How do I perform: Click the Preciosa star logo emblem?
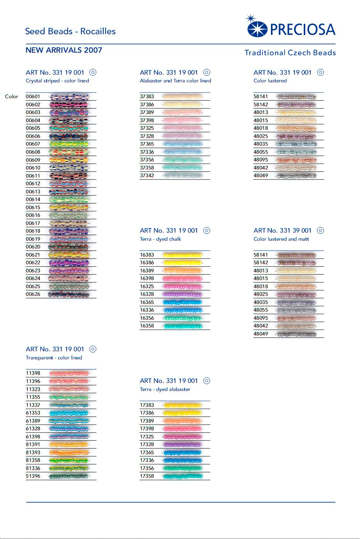(256, 28)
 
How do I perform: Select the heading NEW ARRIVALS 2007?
(64, 50)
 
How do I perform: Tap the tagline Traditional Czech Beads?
(290, 53)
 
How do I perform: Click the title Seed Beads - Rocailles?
(70, 31)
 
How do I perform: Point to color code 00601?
(33, 97)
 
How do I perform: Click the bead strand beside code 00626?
(69, 294)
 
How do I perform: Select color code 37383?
(147, 97)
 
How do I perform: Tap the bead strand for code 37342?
(182, 176)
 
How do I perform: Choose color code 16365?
(147, 302)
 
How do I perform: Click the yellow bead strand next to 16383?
(182, 255)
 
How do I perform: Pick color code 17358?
(147, 476)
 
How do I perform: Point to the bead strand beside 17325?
(182, 437)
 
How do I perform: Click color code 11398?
(33, 373)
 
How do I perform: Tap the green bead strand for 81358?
(69, 460)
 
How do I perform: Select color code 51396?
(33, 476)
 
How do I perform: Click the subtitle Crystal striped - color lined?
(57, 81)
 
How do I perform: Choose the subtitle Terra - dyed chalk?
(160, 239)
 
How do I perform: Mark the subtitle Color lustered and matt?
(281, 239)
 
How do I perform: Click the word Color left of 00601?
(12, 97)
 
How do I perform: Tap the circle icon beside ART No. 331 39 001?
(320, 230)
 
